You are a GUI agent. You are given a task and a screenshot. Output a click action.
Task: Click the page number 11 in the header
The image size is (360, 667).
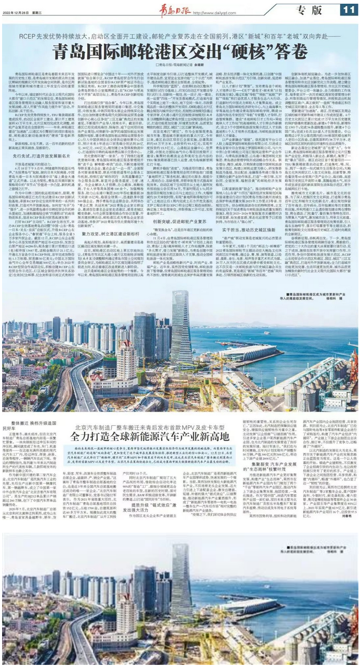click(348, 9)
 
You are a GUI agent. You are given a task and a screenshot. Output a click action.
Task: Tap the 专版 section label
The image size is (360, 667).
click(309, 9)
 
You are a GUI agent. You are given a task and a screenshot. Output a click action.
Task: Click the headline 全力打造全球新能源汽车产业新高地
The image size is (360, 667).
click(180, 437)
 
